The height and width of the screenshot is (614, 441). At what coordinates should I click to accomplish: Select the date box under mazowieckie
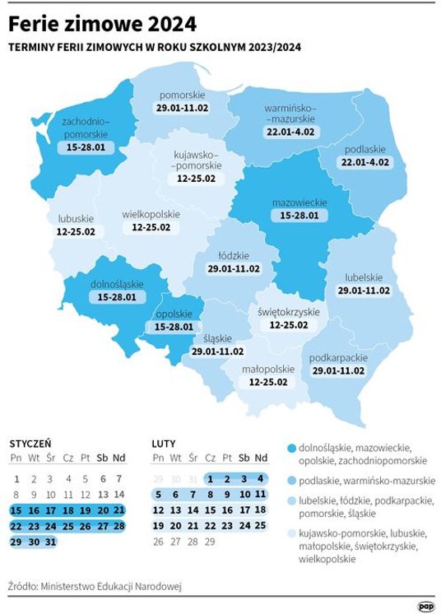pyautogui.click(x=300, y=216)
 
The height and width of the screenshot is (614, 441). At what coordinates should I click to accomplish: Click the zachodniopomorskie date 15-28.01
pyautogui.click(x=86, y=148)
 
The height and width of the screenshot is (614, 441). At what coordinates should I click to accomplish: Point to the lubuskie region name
pyautogui.click(x=76, y=219)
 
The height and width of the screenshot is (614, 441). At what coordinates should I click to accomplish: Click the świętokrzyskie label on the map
pyautogui.click(x=289, y=312)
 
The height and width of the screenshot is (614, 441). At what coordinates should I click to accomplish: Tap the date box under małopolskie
pyautogui.click(x=268, y=382)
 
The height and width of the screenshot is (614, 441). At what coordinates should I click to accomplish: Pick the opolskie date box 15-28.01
pyautogui.click(x=174, y=327)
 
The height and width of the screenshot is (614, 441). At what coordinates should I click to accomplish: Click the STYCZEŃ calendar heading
pyautogui.click(x=30, y=443)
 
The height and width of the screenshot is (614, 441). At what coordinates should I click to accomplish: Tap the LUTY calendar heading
pyautogui.click(x=164, y=443)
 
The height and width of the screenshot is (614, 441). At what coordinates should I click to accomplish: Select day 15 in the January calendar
pyautogui.click(x=16, y=510)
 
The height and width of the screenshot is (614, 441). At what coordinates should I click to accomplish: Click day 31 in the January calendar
pyautogui.click(x=51, y=542)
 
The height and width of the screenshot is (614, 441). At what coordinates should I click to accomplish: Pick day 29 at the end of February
pyautogui.click(x=210, y=542)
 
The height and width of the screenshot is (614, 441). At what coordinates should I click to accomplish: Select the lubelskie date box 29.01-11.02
pyautogui.click(x=364, y=291)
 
